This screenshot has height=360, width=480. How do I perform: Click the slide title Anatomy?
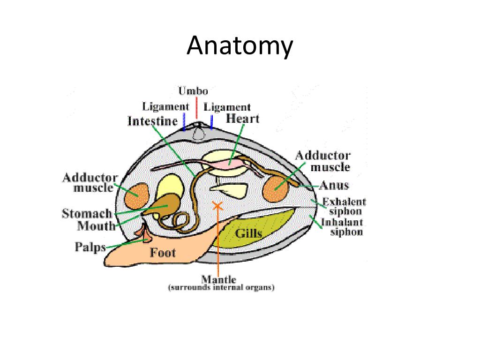pos(240,46)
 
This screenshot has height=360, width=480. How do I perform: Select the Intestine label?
pos(153,121)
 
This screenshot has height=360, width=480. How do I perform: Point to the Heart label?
pos(242,118)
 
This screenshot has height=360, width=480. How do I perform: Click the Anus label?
pos(334,185)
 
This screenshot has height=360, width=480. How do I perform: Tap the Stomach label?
pos(87,214)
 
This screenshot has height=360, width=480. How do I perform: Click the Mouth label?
pos(96,226)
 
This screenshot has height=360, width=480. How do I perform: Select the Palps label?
pos(90,247)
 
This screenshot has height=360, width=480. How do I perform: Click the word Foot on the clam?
pos(163,253)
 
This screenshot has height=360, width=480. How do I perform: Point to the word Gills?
pos(248,233)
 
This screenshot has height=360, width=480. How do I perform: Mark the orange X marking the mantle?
pos(217,205)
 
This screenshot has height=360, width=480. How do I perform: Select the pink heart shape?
pos(230,163)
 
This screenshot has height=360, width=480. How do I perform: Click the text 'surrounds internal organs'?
pos(221,288)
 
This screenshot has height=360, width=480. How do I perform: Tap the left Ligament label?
pos(166,106)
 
